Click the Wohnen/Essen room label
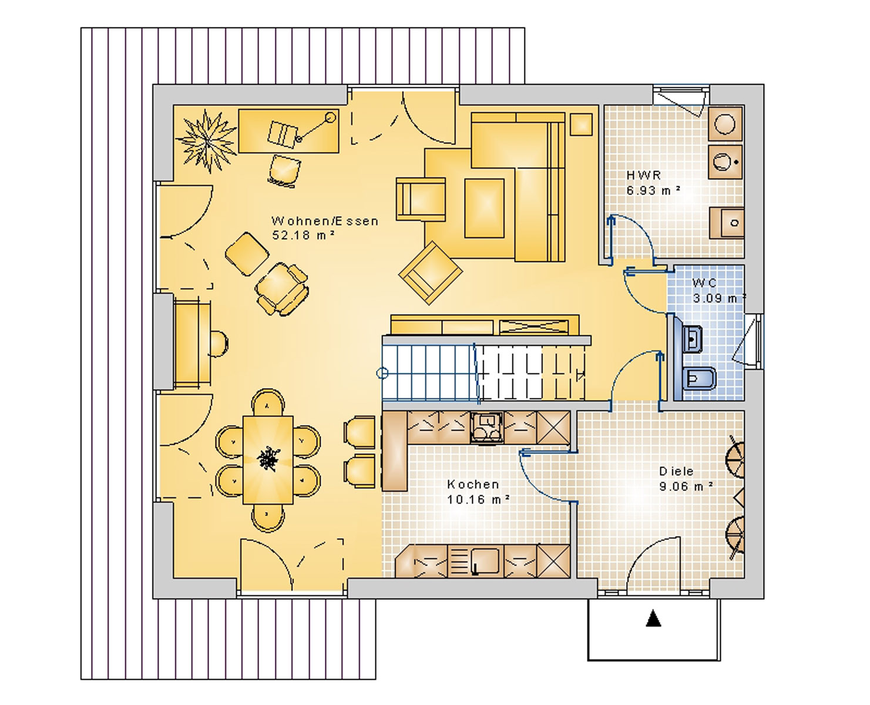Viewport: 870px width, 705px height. (325, 221)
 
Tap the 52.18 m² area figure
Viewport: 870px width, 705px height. (304, 235)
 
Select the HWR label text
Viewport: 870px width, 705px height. (644, 175)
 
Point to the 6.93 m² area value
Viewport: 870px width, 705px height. (653, 190)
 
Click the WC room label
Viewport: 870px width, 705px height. (704, 282)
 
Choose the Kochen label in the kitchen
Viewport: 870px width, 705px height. (473, 485)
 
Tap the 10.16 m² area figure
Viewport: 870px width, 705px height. (478, 499)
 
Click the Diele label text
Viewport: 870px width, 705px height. (676, 471)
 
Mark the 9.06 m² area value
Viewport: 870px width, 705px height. (686, 486)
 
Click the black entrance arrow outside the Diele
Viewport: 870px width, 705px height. (653, 618)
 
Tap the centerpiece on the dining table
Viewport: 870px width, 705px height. (268, 459)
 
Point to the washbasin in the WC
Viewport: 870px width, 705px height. (693, 338)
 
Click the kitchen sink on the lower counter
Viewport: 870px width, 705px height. (485, 561)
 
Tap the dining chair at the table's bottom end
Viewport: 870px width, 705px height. (268, 518)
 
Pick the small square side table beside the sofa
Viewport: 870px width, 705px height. (581, 124)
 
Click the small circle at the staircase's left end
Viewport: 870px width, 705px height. (382, 373)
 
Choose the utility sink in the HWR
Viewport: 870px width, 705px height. (726, 223)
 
